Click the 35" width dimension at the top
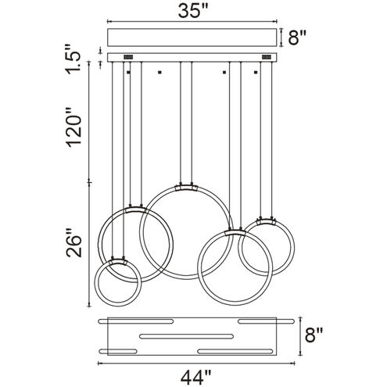(x=193, y=11)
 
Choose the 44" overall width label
(x=195, y=378)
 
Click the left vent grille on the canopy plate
(x=128, y=57)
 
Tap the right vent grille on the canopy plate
(x=266, y=57)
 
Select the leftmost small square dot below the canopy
(x=128, y=72)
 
